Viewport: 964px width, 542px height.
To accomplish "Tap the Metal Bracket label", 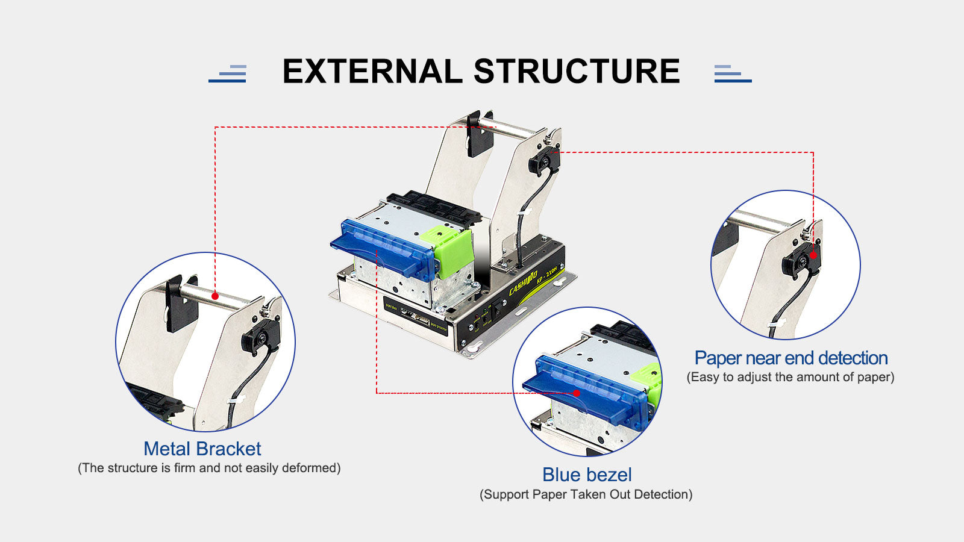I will coord(202,449).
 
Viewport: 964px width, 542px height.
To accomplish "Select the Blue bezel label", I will coord(587,475).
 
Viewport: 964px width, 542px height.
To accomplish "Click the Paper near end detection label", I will coord(790,358).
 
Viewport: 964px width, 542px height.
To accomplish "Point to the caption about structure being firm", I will coord(209,468).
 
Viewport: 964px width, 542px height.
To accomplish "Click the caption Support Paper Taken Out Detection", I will coord(586,494).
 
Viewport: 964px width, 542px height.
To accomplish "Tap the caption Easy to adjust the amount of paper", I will coord(790,377).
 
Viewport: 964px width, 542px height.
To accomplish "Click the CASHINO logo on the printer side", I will coord(522,284).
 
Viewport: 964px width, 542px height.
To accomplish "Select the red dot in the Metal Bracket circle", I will coord(215,296).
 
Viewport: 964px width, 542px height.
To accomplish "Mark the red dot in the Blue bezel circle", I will coord(577,393).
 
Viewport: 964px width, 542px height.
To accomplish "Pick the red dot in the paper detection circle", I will coord(813,255).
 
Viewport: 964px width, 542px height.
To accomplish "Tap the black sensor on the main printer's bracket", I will coord(543,161).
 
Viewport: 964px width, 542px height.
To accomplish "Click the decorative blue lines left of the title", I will coord(228,73).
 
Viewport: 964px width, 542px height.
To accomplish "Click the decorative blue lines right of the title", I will coord(732,73).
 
